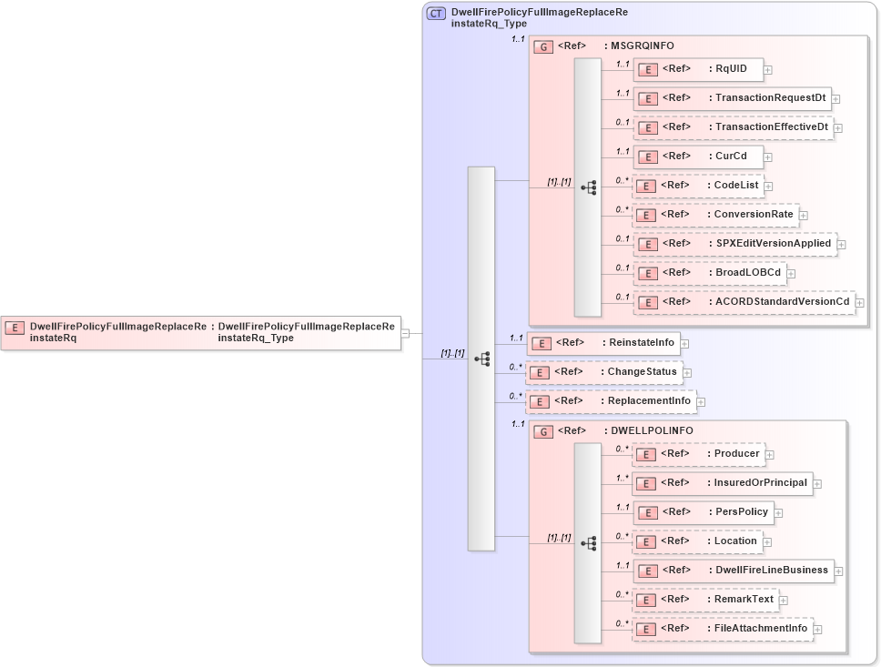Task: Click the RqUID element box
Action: [697, 69]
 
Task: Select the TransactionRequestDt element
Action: [732, 98]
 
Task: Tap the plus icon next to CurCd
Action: [768, 157]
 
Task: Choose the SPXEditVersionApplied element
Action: [734, 244]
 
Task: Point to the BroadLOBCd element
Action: [709, 272]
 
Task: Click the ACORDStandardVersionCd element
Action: [744, 301]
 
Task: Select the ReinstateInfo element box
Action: [603, 343]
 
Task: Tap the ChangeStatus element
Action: [603, 372]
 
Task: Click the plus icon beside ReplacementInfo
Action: [702, 401]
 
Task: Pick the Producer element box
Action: [697, 453]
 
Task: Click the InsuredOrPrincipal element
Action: [722, 483]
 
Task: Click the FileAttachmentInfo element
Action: [722, 629]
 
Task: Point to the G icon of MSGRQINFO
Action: [543, 46]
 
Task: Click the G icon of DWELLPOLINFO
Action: [543, 431]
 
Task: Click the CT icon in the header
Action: [436, 14]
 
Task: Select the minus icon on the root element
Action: [405, 333]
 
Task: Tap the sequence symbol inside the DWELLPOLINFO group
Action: [588, 542]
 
